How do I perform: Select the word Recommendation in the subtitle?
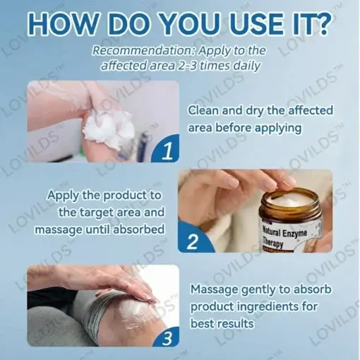[x=142, y=51]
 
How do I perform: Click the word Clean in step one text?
[x=205, y=111]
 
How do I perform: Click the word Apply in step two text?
[x=66, y=195]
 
